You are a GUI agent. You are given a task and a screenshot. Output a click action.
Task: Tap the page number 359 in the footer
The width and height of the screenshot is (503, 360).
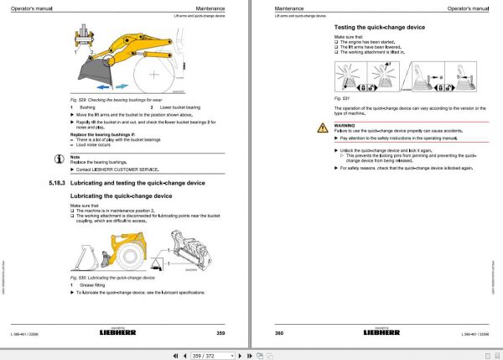coord(220,334)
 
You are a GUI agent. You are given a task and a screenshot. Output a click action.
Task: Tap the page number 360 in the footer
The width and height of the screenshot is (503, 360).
coord(279,334)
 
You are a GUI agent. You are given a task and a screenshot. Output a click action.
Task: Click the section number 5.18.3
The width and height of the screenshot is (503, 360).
coord(52,181)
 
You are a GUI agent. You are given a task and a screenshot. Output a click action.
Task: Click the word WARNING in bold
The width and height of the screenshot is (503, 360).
coord(345,123)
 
